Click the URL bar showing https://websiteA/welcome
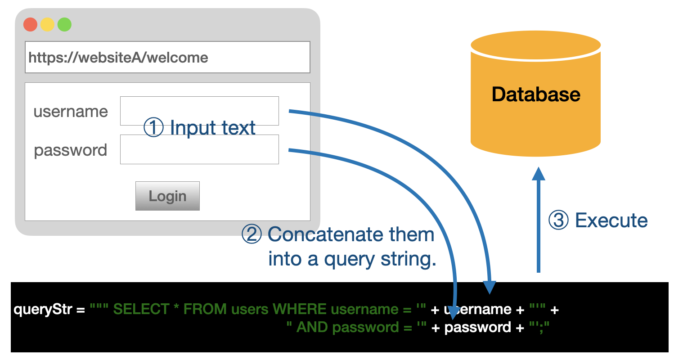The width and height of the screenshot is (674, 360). pyautogui.click(x=167, y=57)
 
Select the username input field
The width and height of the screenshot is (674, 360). pyautogui.click(x=199, y=111)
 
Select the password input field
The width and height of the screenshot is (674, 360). pyautogui.click(x=199, y=149)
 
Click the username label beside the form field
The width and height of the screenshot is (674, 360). pyautogui.click(x=71, y=111)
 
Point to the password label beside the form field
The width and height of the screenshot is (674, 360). pyautogui.click(x=71, y=150)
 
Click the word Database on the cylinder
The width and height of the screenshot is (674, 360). pyautogui.click(x=535, y=94)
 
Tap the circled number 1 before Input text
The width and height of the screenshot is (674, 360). pyautogui.click(x=153, y=128)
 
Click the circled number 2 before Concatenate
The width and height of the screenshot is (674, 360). pyautogui.click(x=252, y=234)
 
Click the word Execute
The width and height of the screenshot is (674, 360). pyautogui.click(x=611, y=220)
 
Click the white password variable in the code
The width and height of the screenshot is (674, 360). pyautogui.click(x=477, y=327)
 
